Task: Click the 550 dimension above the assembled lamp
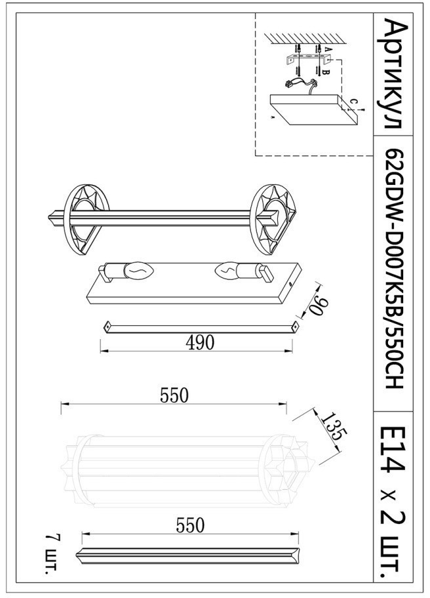point(174,395)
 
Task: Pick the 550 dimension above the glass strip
point(190,525)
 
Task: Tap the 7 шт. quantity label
point(52,553)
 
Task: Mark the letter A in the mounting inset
point(327,49)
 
